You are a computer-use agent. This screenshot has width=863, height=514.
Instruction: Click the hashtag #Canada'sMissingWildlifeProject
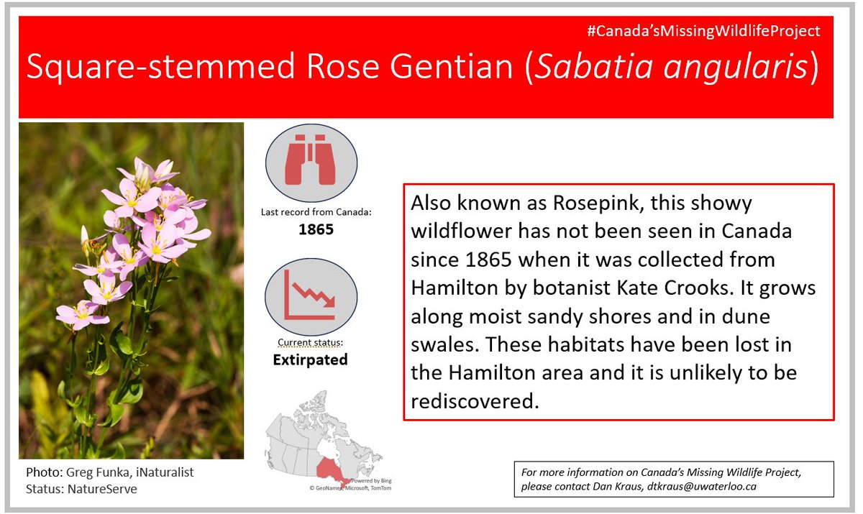tap(703, 31)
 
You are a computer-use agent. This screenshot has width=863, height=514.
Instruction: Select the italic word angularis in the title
tap(741, 67)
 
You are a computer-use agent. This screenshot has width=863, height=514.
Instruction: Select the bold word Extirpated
tap(310, 359)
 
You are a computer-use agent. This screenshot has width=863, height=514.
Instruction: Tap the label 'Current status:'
tap(310, 342)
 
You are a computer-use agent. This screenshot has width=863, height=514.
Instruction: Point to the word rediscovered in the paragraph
tap(474, 400)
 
